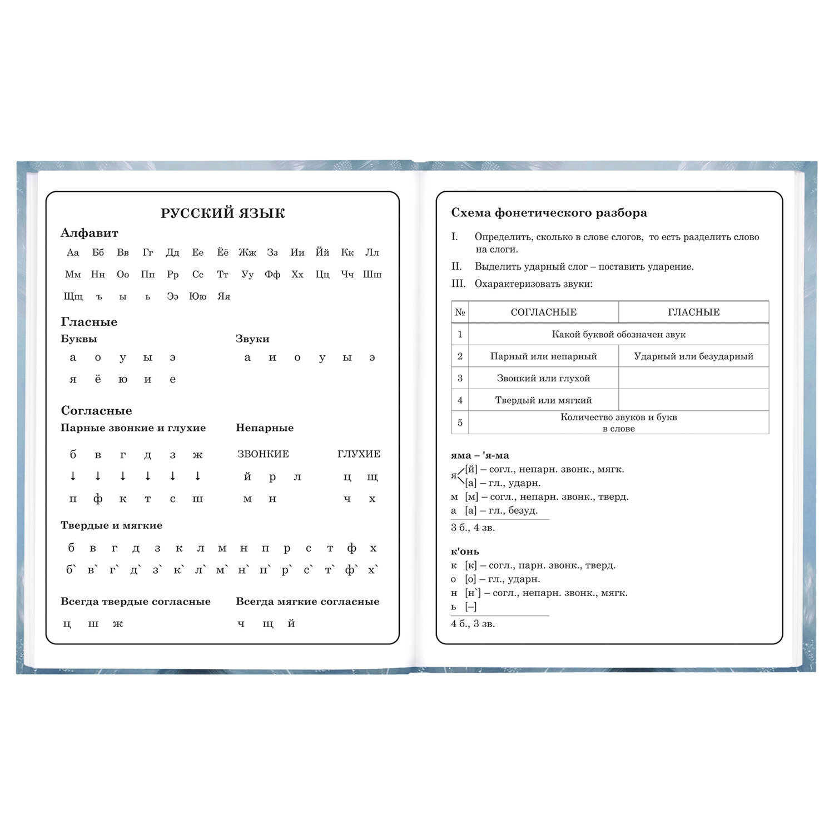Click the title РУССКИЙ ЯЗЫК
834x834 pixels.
222,214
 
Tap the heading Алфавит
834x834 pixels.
89,234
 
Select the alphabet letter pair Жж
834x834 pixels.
247,253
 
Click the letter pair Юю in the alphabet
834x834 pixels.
197,296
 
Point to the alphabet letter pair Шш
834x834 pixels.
372,275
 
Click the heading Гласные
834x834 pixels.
89,322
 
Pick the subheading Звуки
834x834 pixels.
252,339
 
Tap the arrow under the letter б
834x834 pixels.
73,476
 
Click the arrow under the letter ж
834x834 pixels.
197,476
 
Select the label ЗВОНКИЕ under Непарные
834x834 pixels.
263,454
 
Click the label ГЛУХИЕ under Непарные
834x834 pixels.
359,454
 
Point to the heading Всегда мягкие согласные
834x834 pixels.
307,602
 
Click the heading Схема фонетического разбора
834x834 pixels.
549,213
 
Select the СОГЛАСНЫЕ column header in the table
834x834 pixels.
543,312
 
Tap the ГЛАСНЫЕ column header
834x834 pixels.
693,312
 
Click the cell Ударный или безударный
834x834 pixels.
693,356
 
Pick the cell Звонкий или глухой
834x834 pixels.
543,379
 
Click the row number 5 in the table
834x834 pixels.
460,423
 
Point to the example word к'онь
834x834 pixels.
465,552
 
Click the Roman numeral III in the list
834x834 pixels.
458,284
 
